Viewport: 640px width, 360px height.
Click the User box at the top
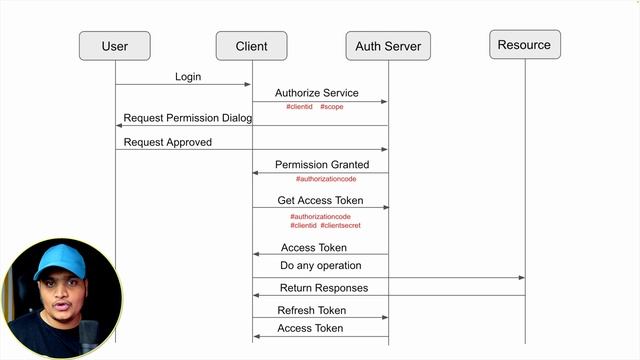click(x=115, y=46)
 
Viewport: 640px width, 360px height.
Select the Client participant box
click(x=251, y=46)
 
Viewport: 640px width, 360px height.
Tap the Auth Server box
click(x=387, y=46)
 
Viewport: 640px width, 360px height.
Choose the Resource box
click(x=524, y=45)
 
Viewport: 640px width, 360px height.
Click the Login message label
click(x=188, y=76)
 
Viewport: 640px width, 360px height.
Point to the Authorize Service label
click(x=316, y=93)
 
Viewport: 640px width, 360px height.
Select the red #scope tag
click(x=332, y=106)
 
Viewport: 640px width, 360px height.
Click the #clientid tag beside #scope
click(x=300, y=106)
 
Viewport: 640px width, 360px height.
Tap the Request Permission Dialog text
click(x=187, y=118)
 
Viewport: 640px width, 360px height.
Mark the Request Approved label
click(x=167, y=142)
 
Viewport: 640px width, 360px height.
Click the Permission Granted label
click(x=322, y=164)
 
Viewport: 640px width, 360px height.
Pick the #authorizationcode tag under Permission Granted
click(x=326, y=179)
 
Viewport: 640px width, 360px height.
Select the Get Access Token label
click(x=319, y=200)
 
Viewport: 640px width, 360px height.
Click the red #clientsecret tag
click(x=341, y=226)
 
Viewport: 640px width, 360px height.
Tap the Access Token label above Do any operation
click(x=313, y=247)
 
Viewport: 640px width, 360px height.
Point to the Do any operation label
click(x=320, y=266)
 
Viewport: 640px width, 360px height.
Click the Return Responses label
click(x=323, y=288)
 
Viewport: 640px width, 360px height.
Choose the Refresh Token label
click(x=311, y=310)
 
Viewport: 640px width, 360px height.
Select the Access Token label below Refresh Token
click(x=310, y=328)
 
